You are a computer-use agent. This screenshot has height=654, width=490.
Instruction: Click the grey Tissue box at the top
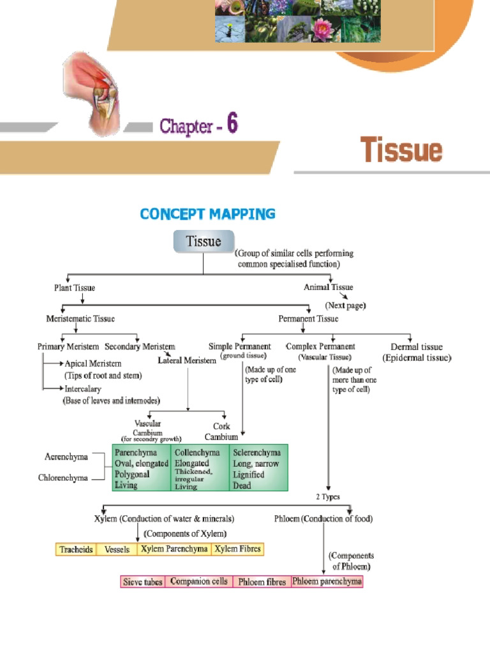point(204,242)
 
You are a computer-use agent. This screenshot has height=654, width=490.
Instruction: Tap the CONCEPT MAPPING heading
point(207,214)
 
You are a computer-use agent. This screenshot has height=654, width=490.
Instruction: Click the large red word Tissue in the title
point(401,151)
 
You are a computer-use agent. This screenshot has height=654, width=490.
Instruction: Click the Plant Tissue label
point(75,288)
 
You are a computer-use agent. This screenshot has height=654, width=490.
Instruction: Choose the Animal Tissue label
point(328,287)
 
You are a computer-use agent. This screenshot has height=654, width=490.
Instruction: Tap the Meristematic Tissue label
point(80,318)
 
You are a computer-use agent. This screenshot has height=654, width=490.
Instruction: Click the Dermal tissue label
point(416,347)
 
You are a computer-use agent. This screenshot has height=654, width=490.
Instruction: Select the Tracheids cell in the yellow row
point(76,549)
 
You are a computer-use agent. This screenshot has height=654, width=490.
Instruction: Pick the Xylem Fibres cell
point(237,549)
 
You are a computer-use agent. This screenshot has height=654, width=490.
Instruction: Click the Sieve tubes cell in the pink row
point(143,582)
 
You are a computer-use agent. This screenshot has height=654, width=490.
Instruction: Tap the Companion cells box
point(198,582)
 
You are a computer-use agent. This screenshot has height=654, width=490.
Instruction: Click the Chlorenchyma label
point(63,478)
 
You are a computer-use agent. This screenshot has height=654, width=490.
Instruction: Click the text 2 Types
point(328,497)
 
